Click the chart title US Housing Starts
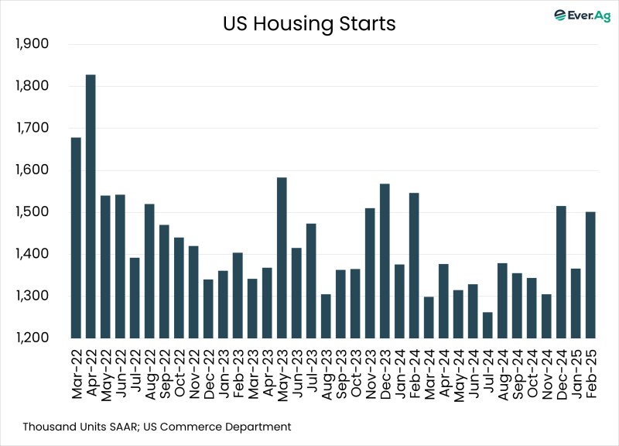coord(309,24)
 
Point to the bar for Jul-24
coord(487,325)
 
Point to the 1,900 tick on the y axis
coord(32,44)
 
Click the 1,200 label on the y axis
coord(32,338)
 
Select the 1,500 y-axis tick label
coord(32,212)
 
